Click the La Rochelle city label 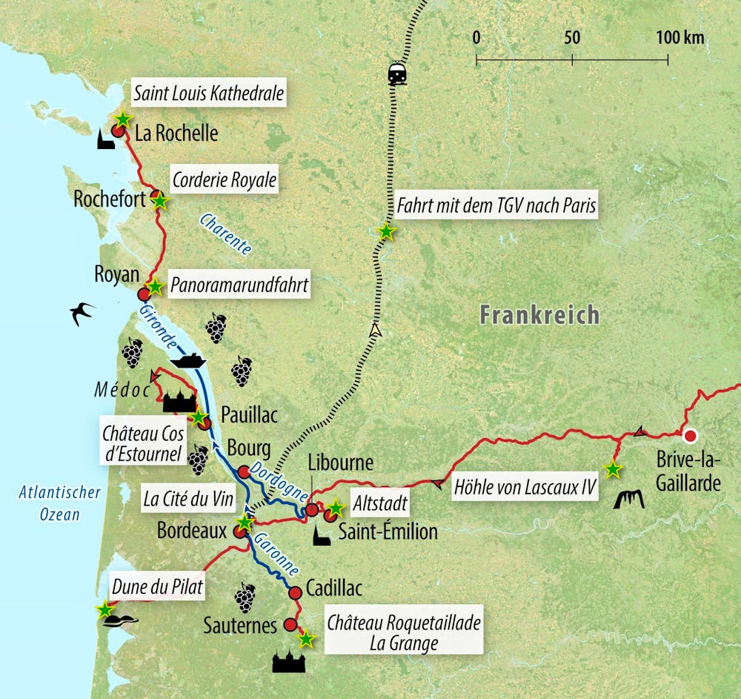[176, 133]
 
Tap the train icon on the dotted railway [397, 74]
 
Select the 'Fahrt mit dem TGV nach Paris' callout [496, 205]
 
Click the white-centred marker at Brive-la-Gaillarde [691, 436]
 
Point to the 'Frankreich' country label [539, 314]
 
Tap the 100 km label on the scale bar [680, 38]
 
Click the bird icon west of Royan [82, 313]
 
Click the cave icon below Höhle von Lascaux [629, 500]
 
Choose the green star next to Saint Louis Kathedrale [123, 119]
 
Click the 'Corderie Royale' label [224, 180]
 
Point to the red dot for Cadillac [294, 592]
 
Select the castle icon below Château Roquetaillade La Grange [288, 661]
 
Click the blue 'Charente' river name [225, 233]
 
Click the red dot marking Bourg [243, 471]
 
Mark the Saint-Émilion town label [388, 531]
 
